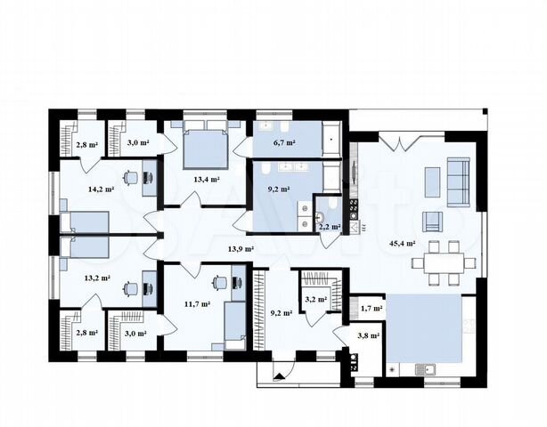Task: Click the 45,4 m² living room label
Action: pos(402,244)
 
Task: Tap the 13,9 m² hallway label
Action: pos(241,249)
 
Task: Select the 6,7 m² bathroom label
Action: pos(285,142)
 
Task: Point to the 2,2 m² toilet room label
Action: pos(330,227)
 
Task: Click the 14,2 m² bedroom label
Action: pos(102,189)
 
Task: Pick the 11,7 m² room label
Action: pos(197,304)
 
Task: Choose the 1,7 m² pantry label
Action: pos(371,308)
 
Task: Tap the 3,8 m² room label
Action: pos(369,335)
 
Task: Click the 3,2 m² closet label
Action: pos(315,299)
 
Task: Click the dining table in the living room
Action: pos(444,263)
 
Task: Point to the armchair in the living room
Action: pos(433,222)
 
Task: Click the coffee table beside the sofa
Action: pos(433,182)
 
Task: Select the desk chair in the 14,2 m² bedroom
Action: pos(131,177)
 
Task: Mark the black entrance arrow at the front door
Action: pos(280,375)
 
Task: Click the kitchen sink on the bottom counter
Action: pos(425,369)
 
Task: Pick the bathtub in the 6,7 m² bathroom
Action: pos(331,139)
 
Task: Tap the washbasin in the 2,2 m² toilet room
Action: pos(320,218)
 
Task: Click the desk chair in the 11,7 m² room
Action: pos(220,282)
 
